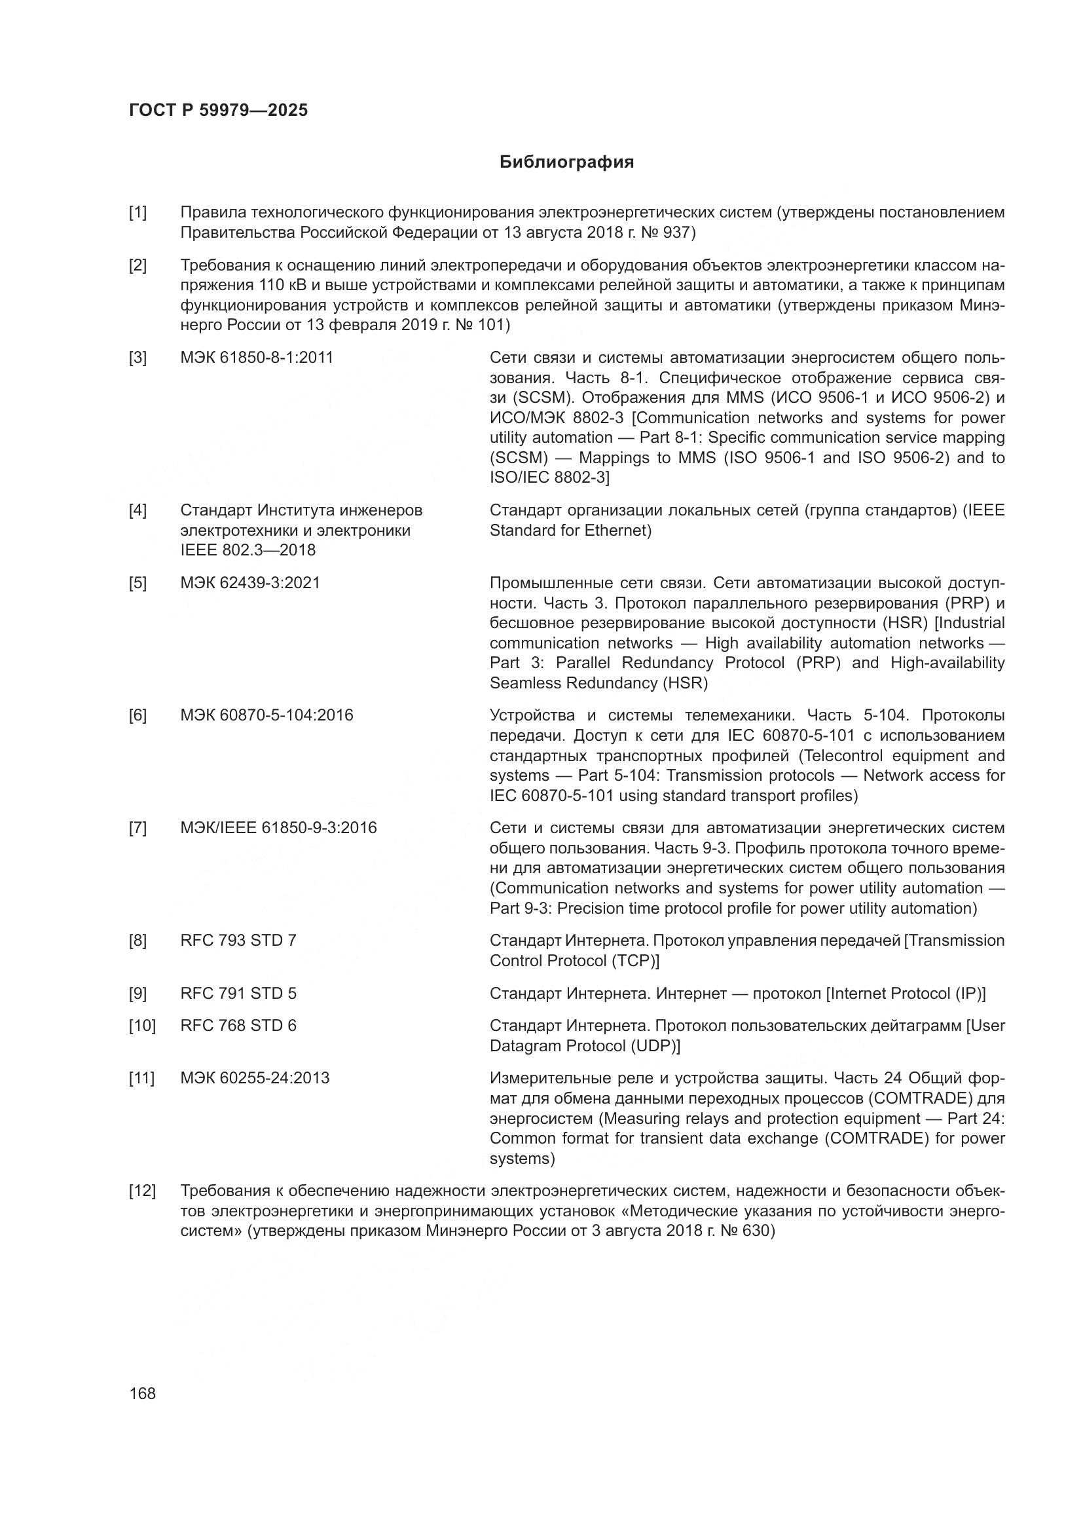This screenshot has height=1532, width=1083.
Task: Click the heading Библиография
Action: pos(566,162)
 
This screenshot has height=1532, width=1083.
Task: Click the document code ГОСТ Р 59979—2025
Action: pos(218,111)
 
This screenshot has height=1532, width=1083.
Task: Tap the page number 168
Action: pos(142,1394)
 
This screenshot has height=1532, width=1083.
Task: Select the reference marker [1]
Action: pos(138,213)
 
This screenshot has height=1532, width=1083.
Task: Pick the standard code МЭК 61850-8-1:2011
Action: pos(257,358)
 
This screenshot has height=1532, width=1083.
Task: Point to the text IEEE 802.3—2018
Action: pos(248,550)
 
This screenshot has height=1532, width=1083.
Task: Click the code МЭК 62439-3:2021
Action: pos(250,582)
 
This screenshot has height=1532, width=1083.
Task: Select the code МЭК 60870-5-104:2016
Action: pos(266,715)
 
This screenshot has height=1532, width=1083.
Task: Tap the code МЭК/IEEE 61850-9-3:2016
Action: pos(278,828)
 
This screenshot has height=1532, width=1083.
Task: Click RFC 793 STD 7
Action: pos(238,940)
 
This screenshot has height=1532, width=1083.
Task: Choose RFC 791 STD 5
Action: pos(238,994)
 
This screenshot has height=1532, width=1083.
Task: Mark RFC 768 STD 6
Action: pos(238,1026)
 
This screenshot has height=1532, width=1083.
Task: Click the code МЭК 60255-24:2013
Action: pos(255,1078)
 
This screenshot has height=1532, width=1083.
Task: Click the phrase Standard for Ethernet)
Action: pos(570,531)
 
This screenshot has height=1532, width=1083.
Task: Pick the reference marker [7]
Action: pos(138,828)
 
